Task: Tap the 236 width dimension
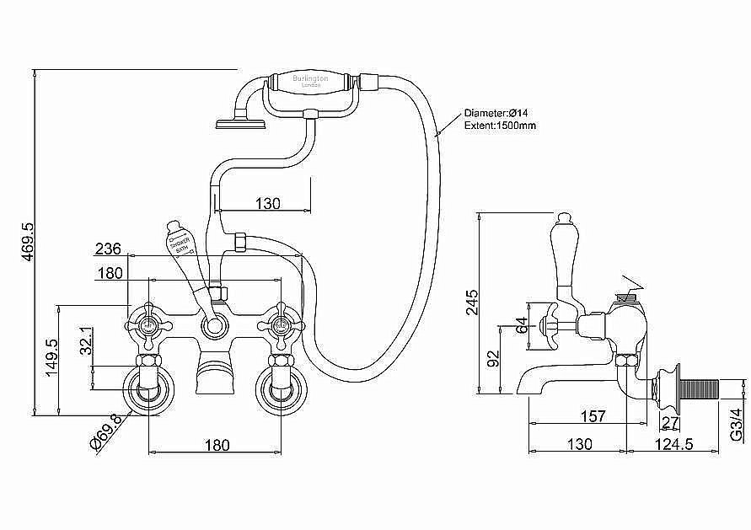click(108, 249)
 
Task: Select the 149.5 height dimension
click(50, 359)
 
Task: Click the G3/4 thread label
click(736, 419)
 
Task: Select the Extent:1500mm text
click(500, 126)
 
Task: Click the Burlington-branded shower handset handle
click(311, 84)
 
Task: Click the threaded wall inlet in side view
click(696, 390)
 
